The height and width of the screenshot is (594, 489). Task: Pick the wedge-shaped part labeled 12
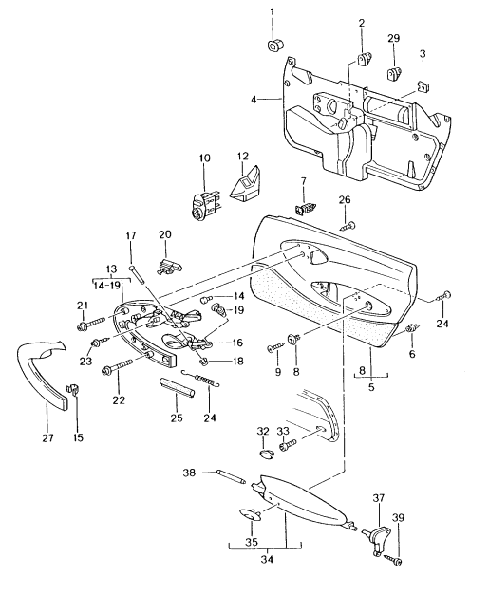(x=247, y=184)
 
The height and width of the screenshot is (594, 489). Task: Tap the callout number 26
(x=346, y=199)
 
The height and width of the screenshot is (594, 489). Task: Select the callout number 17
(x=132, y=235)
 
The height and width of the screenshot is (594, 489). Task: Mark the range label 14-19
(x=108, y=284)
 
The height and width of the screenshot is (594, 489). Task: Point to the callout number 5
(x=368, y=388)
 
